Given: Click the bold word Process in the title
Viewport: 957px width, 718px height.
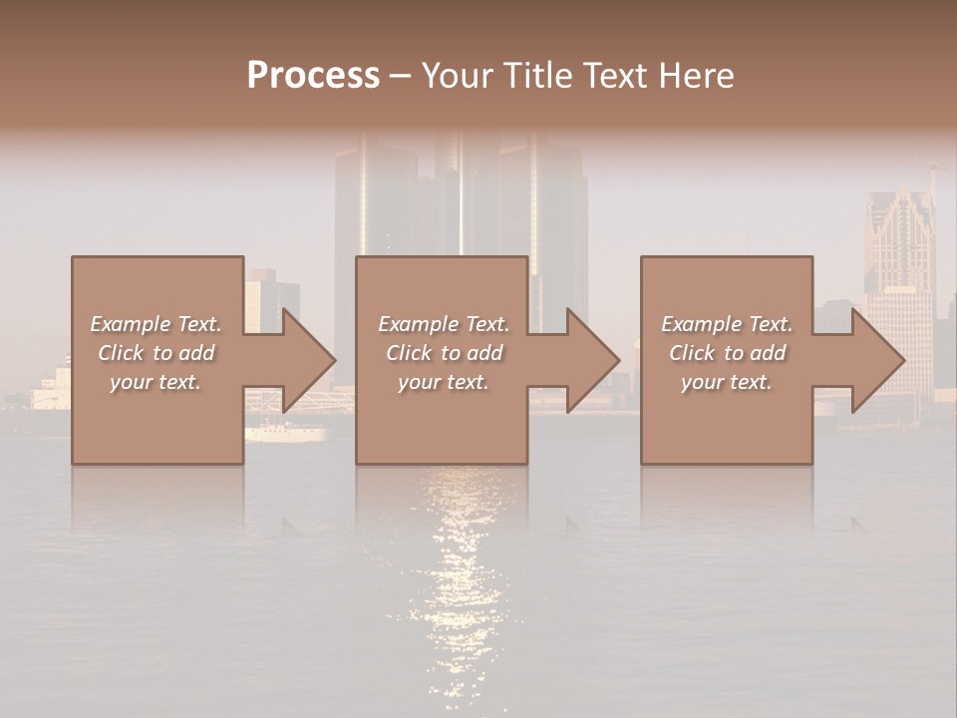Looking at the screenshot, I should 313,76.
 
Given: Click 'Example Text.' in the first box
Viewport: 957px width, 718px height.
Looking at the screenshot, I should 156,324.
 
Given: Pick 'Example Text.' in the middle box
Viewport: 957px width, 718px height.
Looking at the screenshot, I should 443,324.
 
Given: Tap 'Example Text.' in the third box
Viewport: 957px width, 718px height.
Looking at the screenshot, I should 727,324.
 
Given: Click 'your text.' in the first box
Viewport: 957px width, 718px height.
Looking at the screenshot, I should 156,382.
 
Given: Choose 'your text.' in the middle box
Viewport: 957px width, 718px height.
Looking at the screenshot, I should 443,382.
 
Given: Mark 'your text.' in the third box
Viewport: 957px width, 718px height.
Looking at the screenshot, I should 727,382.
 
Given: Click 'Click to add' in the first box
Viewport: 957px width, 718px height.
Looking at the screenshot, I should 156,353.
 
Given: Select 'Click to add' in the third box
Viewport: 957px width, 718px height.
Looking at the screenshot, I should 727,353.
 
